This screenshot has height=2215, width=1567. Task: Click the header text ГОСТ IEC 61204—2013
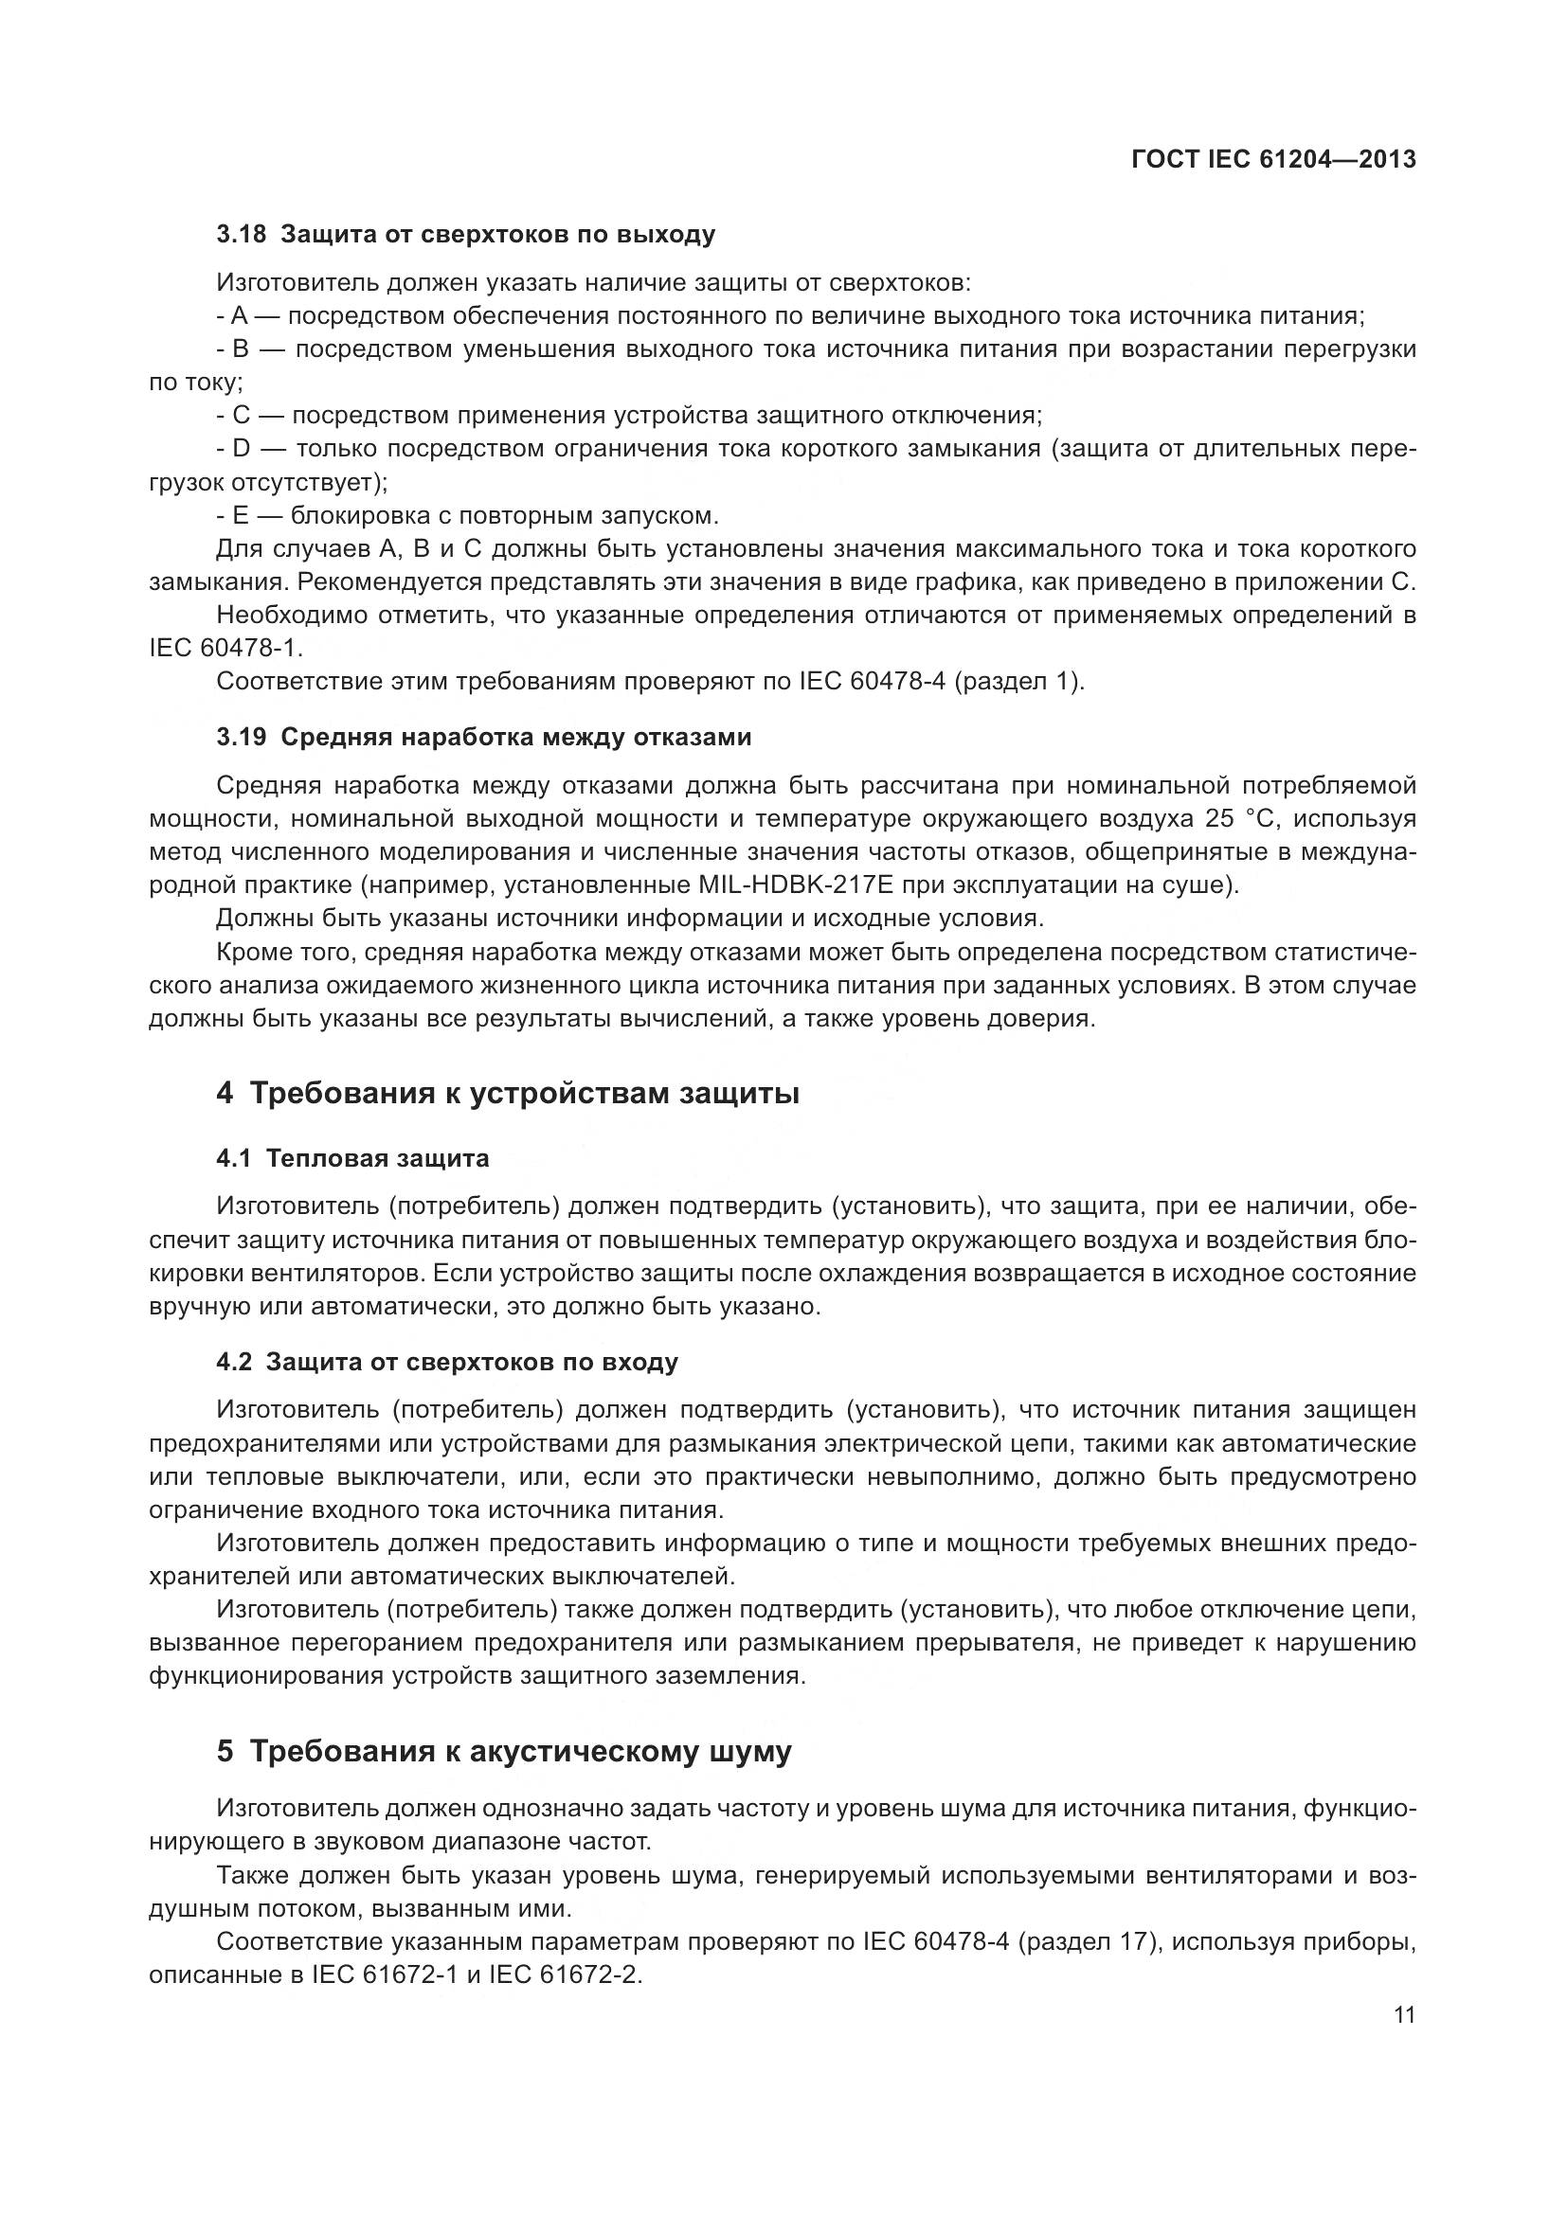pos(1272,158)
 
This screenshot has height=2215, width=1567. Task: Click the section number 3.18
pos(242,235)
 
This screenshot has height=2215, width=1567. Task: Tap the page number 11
pos(1404,2014)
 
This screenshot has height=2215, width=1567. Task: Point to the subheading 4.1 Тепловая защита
pos(352,1158)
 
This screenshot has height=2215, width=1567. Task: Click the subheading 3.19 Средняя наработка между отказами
pos(483,737)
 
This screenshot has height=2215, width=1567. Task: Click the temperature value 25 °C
pos(1239,819)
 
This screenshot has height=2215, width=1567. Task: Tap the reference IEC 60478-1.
pos(225,648)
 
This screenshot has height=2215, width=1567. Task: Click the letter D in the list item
pos(241,449)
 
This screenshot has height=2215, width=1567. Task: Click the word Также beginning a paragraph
pos(252,1875)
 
